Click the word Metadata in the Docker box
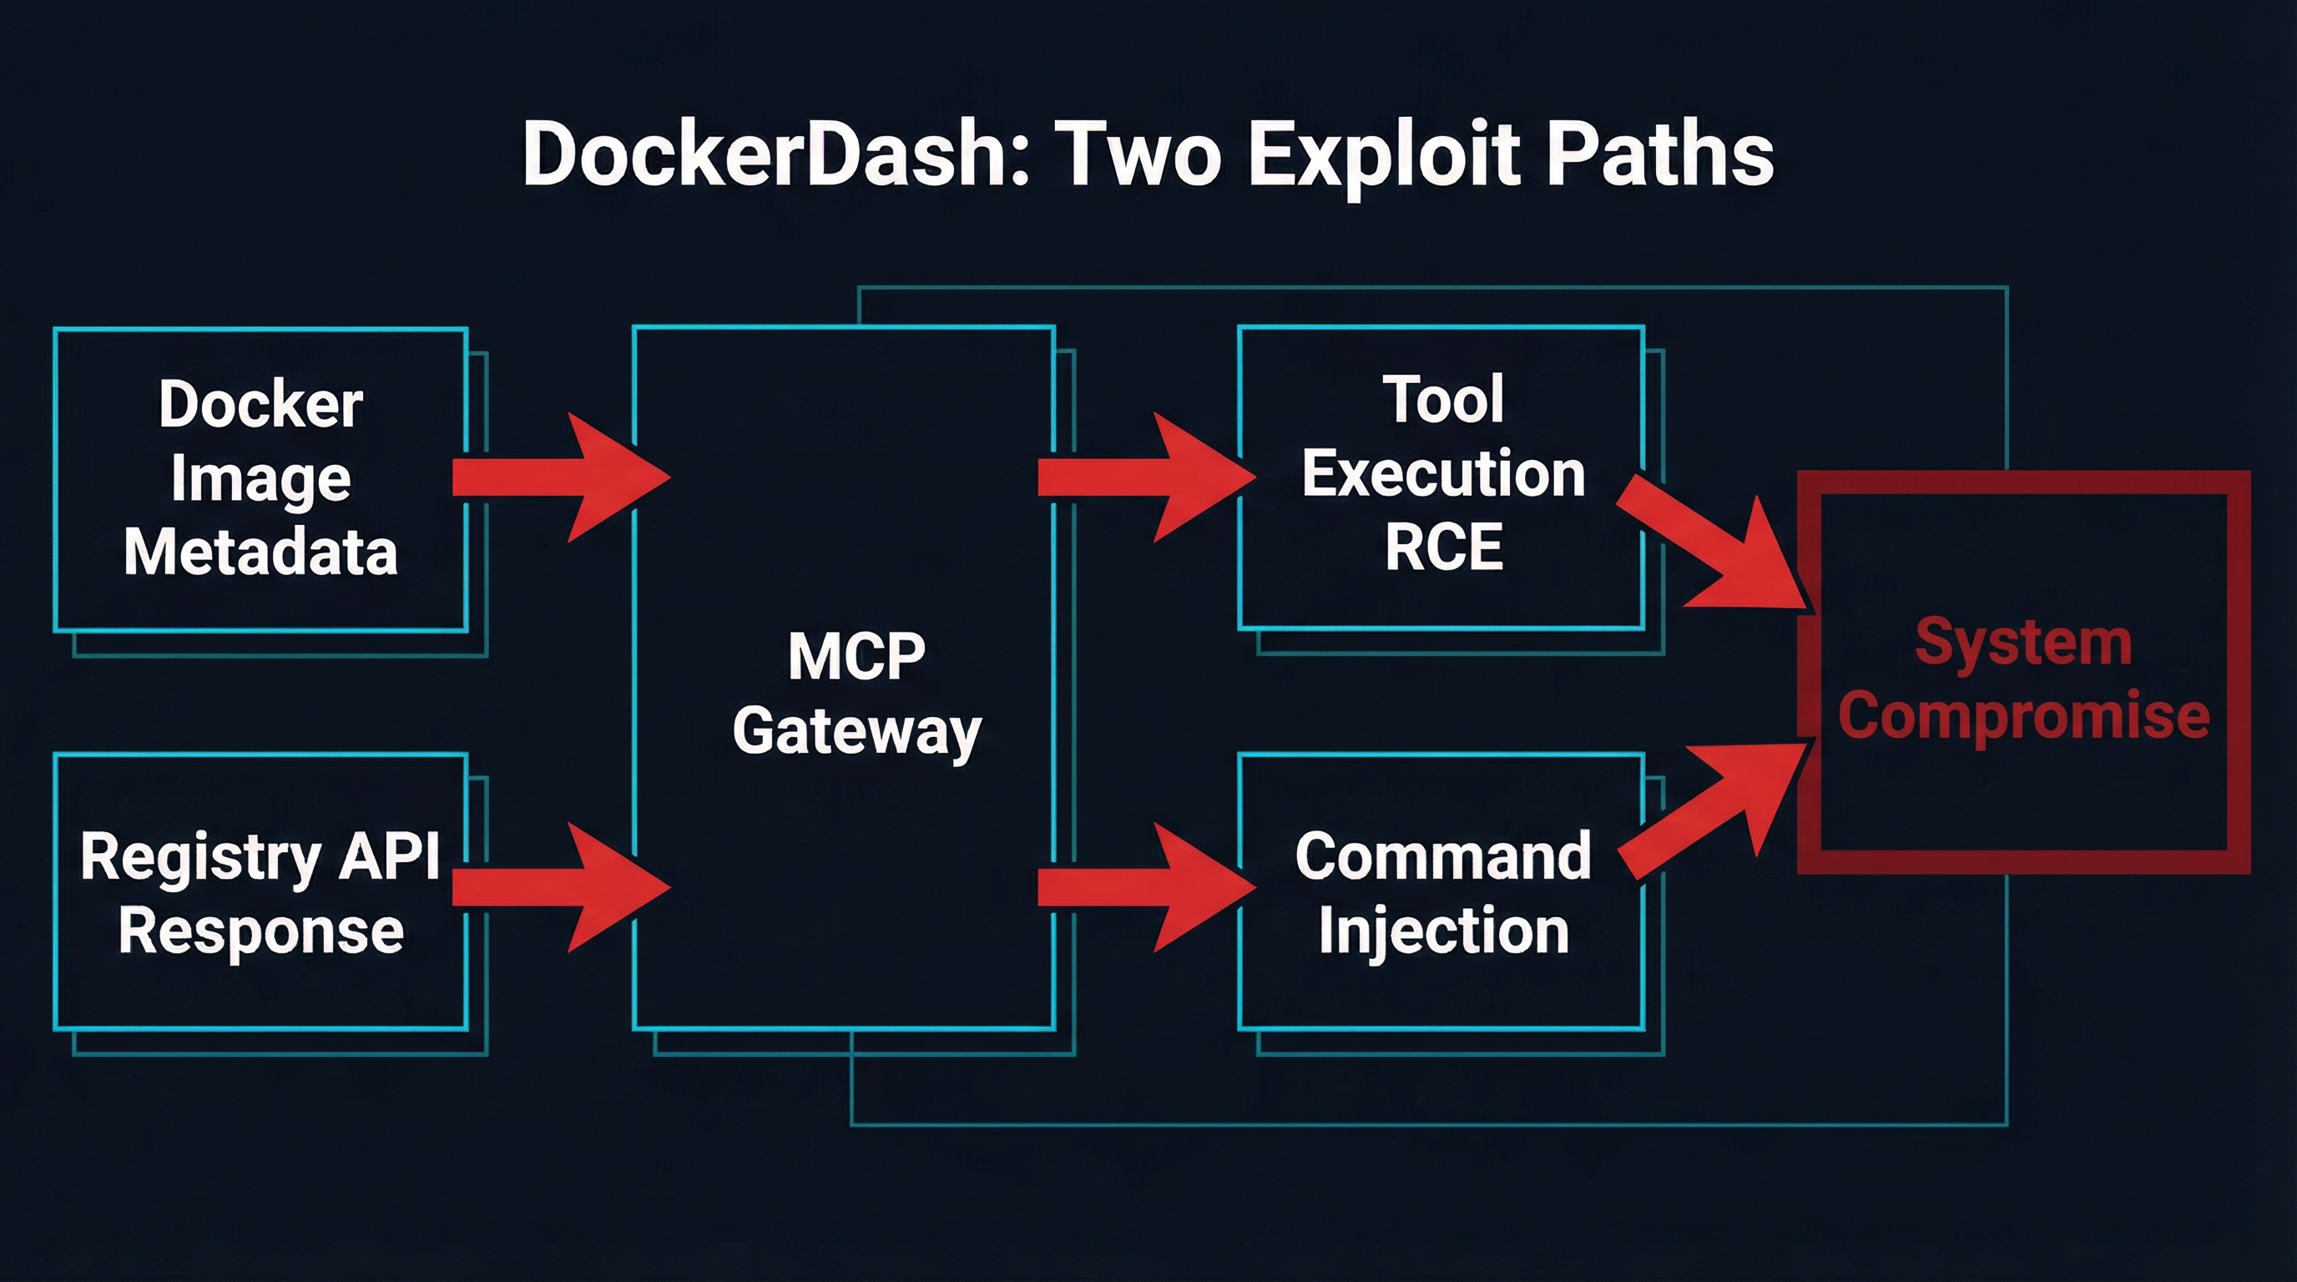click(x=260, y=552)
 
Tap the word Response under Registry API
click(x=260, y=931)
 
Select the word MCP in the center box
click(x=856, y=657)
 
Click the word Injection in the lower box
click(x=1444, y=931)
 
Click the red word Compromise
click(x=2023, y=716)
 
